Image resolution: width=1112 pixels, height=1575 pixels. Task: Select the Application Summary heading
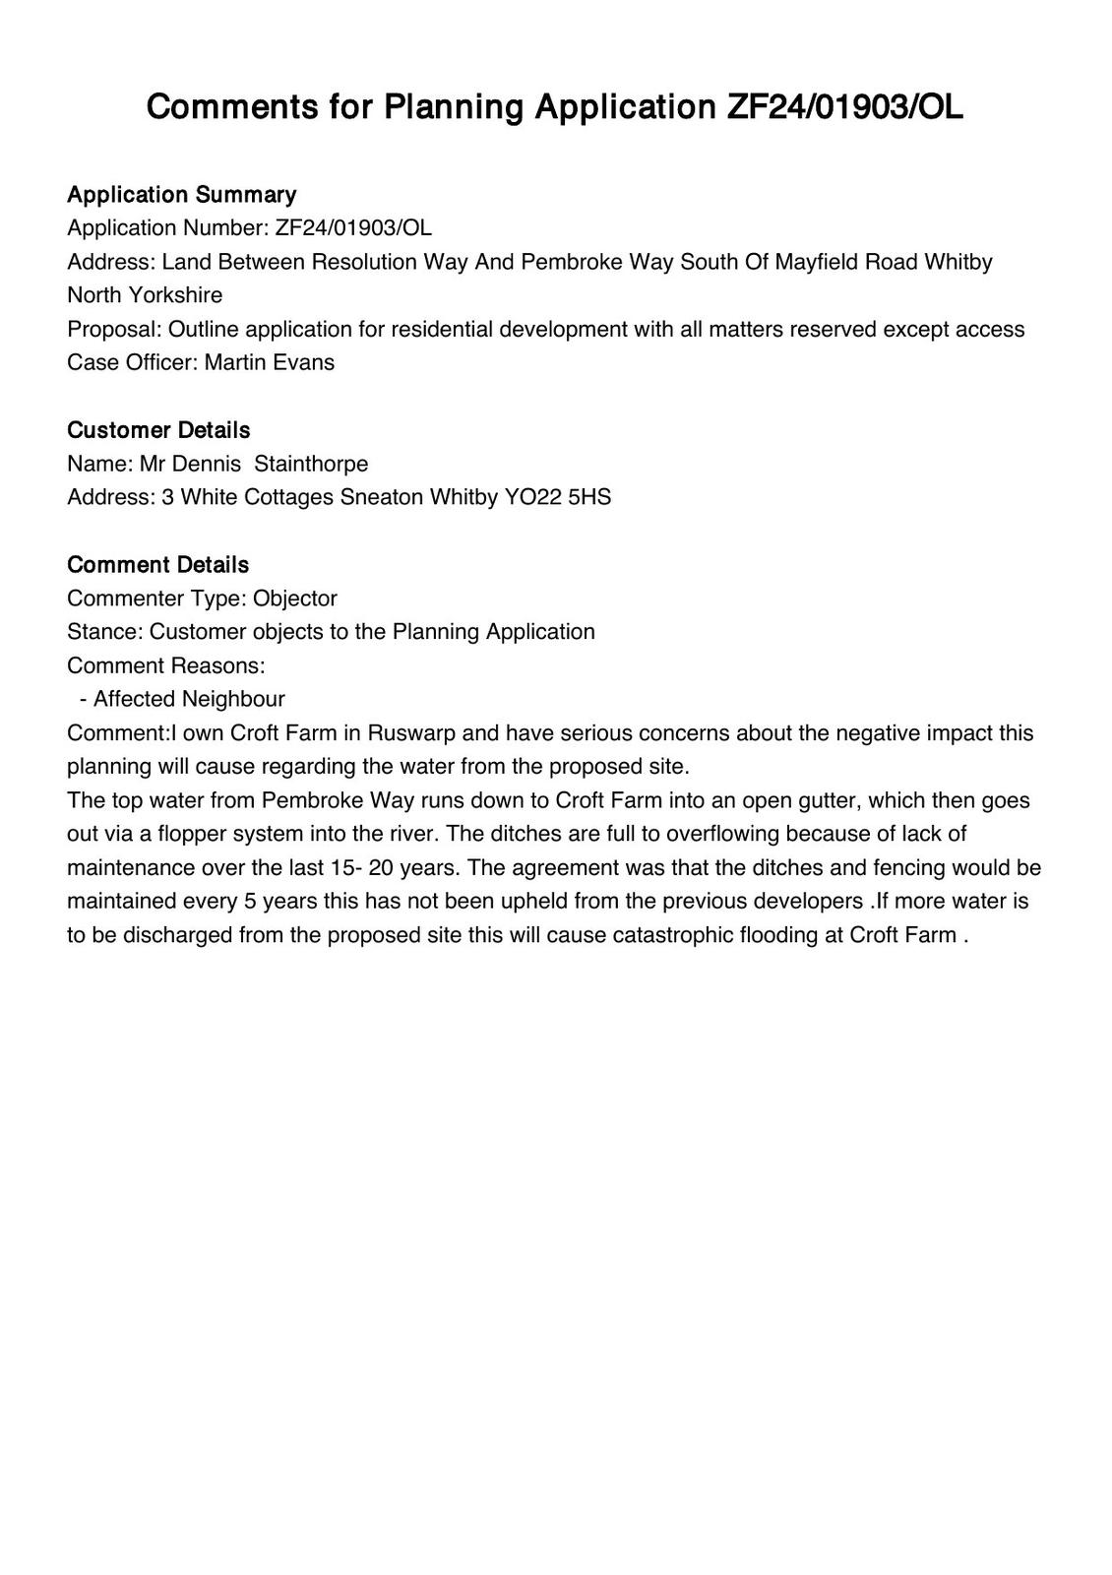(181, 194)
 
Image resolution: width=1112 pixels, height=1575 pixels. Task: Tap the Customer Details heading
(158, 430)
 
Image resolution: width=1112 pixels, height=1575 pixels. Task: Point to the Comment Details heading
(157, 564)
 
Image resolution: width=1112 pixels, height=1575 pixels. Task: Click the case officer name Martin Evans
(269, 362)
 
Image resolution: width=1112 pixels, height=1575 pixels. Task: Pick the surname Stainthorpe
(311, 464)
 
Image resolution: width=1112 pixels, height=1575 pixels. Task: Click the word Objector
(294, 598)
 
